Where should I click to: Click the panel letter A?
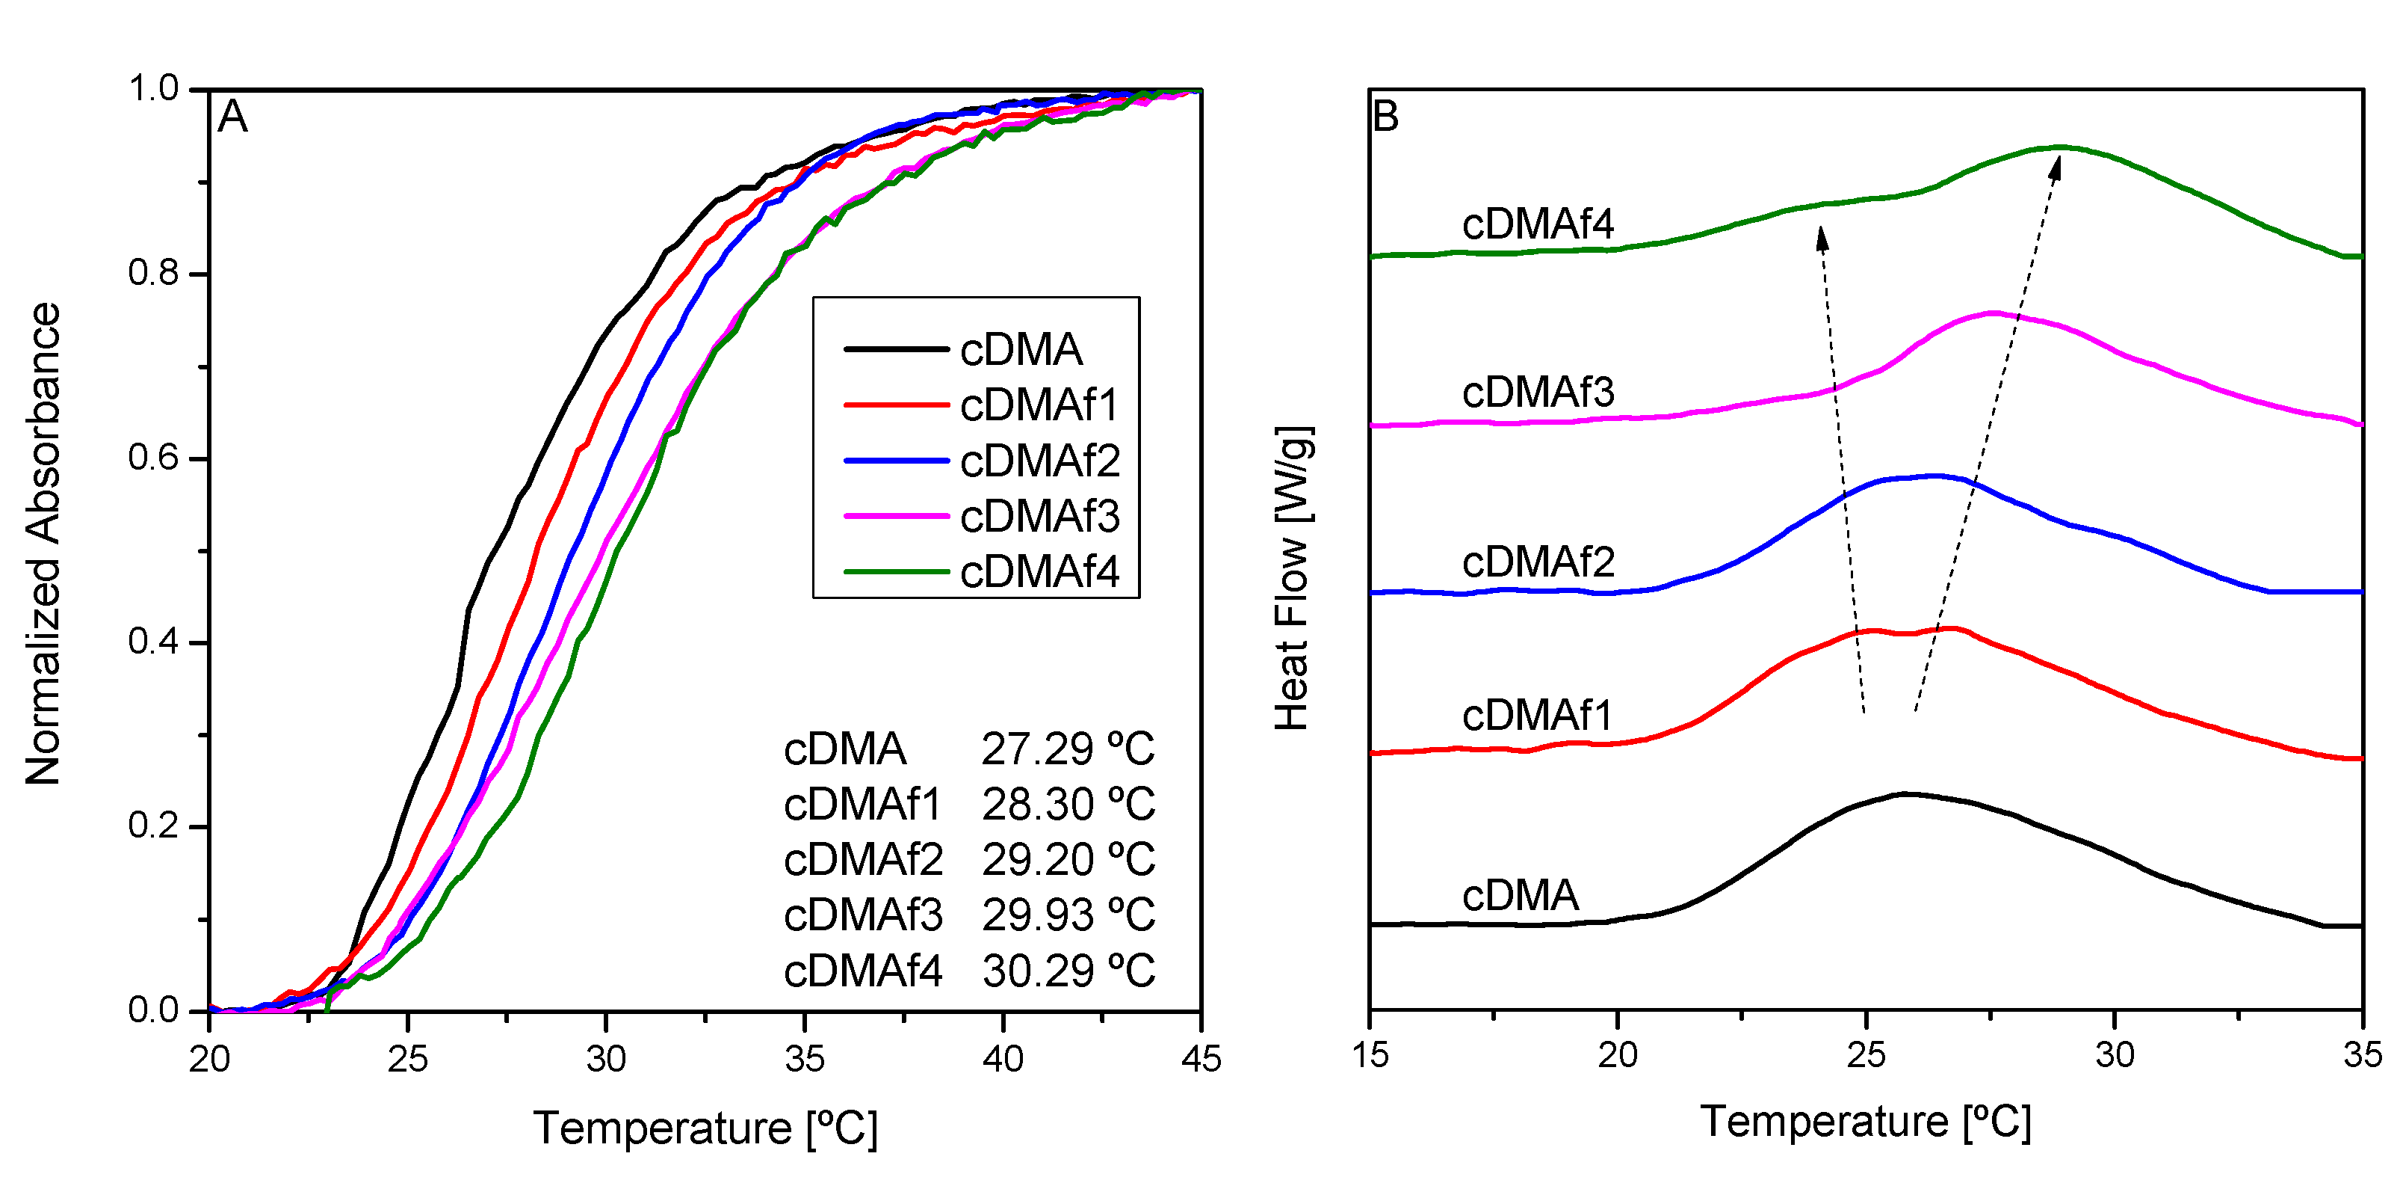[232, 118]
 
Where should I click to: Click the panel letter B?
[1385, 117]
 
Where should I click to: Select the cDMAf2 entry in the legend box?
[1039, 461]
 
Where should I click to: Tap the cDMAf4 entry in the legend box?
[1039, 571]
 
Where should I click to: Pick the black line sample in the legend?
[895, 349]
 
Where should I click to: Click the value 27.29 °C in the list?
[1067, 749]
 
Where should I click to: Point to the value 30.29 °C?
[1067, 971]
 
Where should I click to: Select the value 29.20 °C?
[1067, 860]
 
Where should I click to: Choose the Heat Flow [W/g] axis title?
[1293, 578]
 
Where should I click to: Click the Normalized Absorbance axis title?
[43, 544]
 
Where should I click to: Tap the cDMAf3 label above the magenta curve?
[1537, 392]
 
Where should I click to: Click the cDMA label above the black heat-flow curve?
[1521, 894]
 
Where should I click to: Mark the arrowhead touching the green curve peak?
[2056, 168]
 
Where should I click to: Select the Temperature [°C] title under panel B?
[1866, 1121]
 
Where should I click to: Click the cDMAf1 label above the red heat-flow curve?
[1536, 715]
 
